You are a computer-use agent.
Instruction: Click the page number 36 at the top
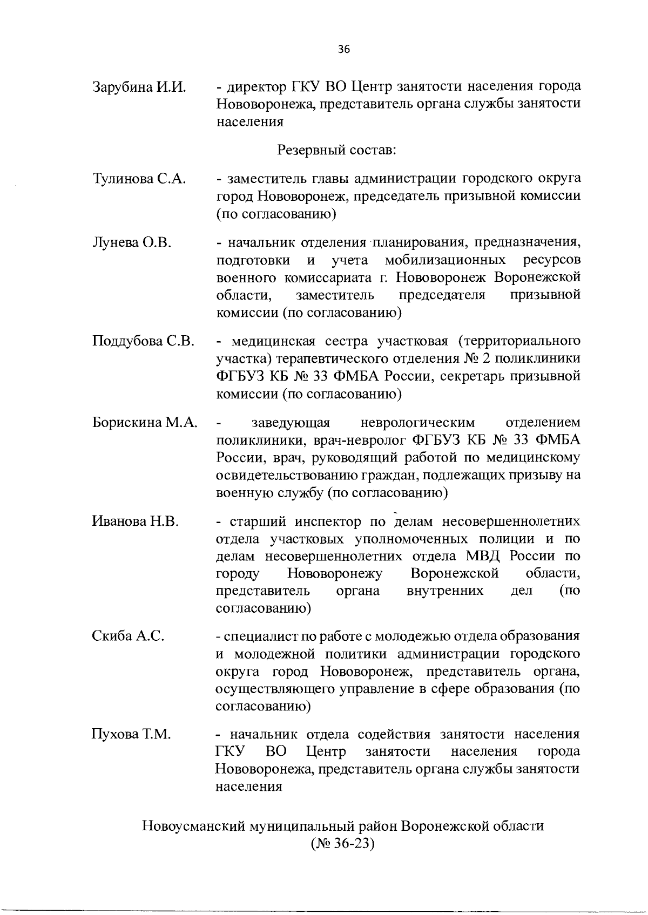pyautogui.click(x=344, y=50)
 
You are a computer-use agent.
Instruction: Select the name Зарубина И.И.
pyautogui.click(x=139, y=87)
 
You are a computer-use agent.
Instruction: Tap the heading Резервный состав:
pyautogui.click(x=337, y=150)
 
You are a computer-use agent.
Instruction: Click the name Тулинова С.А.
pyautogui.click(x=139, y=179)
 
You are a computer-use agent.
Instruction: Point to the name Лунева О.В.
pyautogui.click(x=132, y=242)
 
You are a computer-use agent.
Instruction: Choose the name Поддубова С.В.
pyautogui.click(x=144, y=342)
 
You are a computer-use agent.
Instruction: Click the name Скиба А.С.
pyautogui.click(x=128, y=636)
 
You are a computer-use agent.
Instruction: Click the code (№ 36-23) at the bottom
pyautogui.click(x=342, y=843)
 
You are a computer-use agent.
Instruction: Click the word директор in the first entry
pyautogui.click(x=254, y=87)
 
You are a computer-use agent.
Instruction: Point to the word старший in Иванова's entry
pyautogui.click(x=259, y=521)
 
